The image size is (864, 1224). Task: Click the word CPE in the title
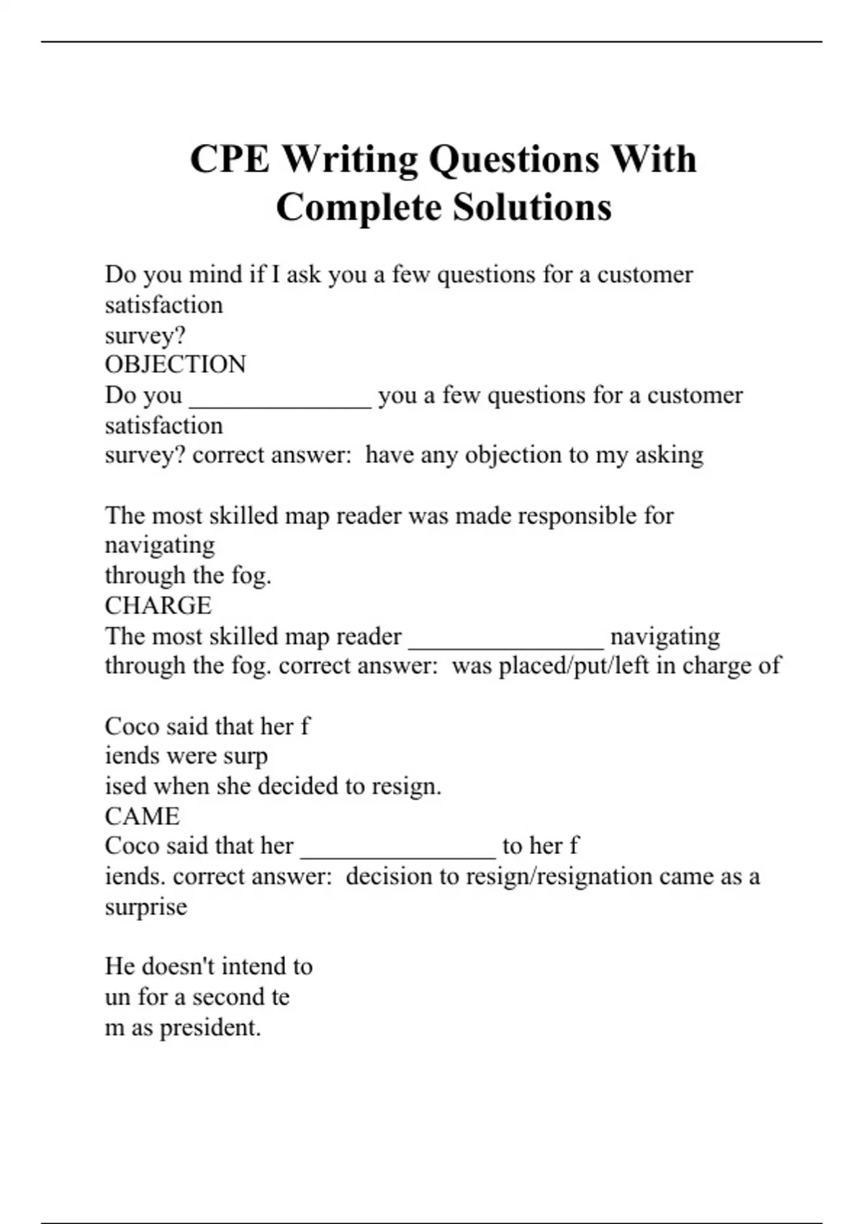point(230,159)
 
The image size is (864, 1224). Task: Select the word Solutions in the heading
point(532,207)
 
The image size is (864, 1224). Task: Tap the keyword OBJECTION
point(176,364)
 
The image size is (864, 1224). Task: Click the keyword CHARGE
point(158,606)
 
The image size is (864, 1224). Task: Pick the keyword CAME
point(142,816)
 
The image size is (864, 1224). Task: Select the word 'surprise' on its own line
point(145,906)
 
